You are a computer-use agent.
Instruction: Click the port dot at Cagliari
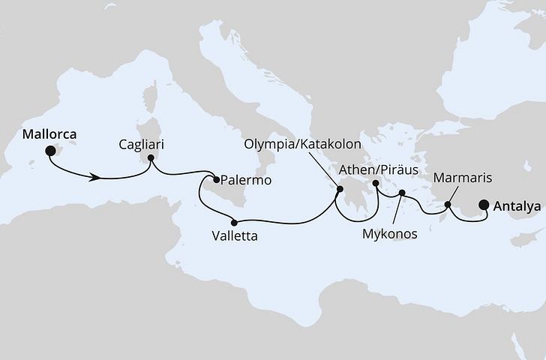[x=151, y=158]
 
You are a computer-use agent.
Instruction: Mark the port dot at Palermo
[x=216, y=179]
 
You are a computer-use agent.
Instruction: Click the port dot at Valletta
[x=235, y=222]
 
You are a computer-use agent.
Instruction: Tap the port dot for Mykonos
[x=402, y=193]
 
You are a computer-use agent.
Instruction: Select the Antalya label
[x=517, y=203]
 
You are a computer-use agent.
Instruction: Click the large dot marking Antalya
[x=484, y=203]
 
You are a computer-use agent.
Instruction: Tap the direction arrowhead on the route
[x=96, y=178]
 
